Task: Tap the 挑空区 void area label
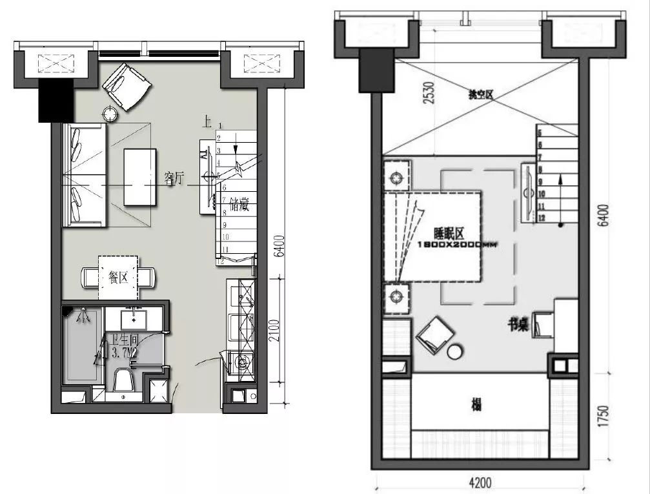480,95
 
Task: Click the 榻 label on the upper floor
476,406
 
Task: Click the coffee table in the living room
140,176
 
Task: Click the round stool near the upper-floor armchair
456,352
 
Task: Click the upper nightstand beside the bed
396,174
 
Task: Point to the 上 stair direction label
207,121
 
